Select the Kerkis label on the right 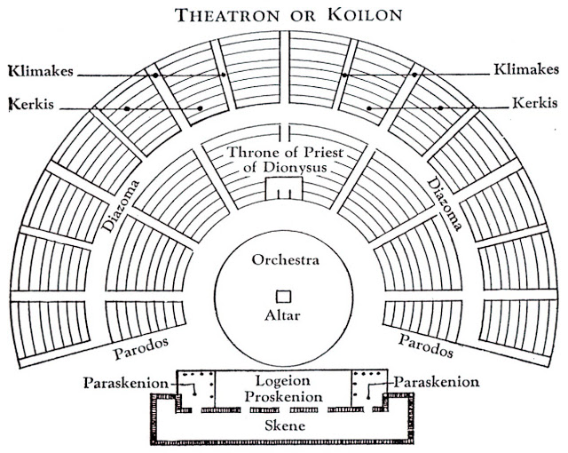tap(535, 104)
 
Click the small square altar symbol tap(283, 296)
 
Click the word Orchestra tap(284, 261)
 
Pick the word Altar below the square tap(284, 315)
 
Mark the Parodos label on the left tap(141, 346)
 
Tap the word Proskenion tap(284, 395)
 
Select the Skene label tap(284, 426)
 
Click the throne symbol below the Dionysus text tap(284, 188)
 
